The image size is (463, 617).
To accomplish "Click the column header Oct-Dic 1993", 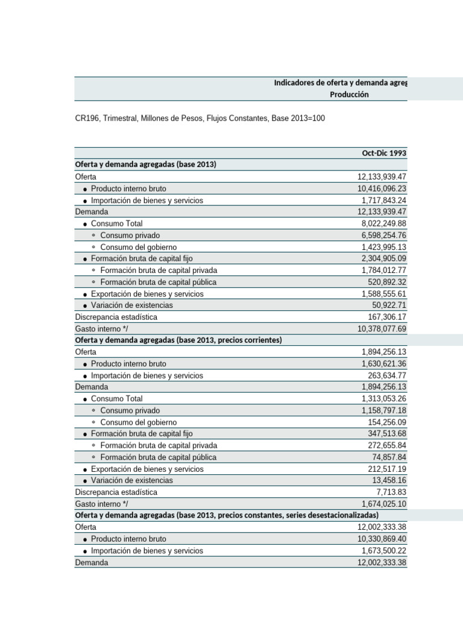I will [x=384, y=153].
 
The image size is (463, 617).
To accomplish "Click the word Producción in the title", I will [x=349, y=95].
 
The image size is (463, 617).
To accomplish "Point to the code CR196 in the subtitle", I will [x=87, y=119].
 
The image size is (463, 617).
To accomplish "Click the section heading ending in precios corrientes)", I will [x=178, y=340].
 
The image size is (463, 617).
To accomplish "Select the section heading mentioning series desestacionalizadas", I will [x=227, y=515].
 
